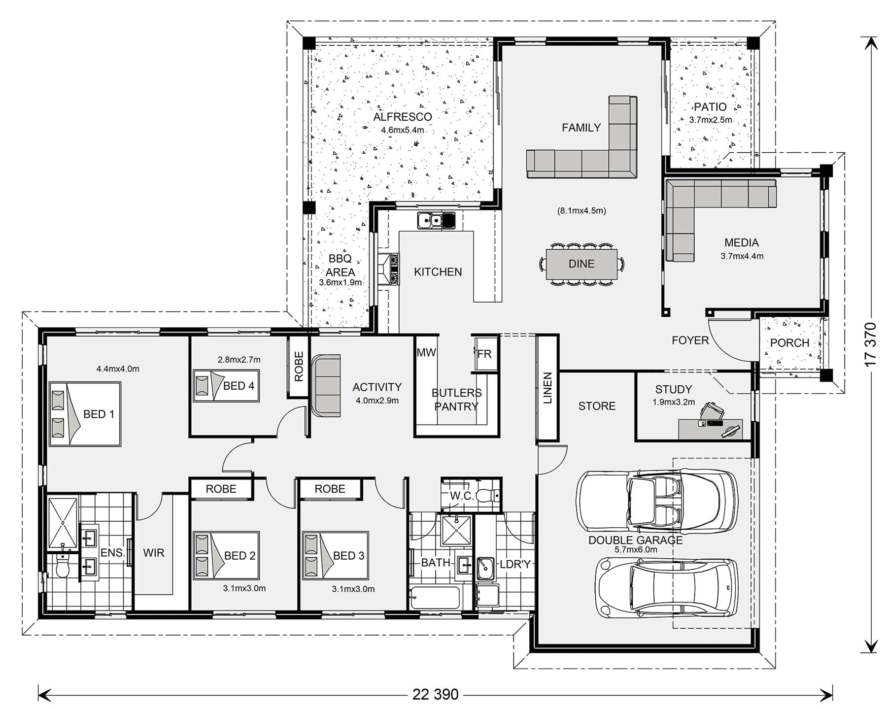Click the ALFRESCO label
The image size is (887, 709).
pos(402,117)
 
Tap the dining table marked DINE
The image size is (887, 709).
pos(581,264)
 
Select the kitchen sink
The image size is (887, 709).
pos(437,221)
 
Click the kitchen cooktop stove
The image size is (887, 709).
pos(394,269)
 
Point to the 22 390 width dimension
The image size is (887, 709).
pos(436,695)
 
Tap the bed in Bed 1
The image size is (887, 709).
pos(85,414)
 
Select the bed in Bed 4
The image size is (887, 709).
pos(226,386)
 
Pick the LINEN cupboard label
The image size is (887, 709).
pos(547,388)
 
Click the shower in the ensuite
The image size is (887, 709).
pos(63,523)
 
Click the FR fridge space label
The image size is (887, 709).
pos(484,353)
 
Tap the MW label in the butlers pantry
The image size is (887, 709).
pos(426,352)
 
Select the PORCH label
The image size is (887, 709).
pos(789,343)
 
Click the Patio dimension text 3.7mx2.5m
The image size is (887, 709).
pos(711,120)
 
